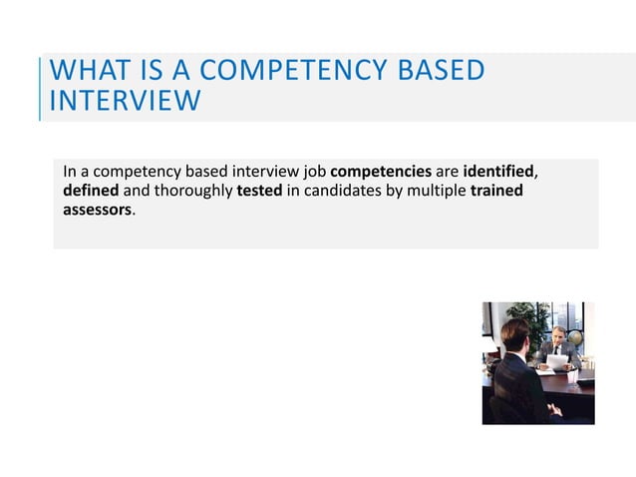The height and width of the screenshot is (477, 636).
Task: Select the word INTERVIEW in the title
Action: click(x=125, y=102)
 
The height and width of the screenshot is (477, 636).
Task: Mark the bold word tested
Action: click(x=259, y=191)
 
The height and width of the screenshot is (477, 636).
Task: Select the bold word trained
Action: click(x=496, y=191)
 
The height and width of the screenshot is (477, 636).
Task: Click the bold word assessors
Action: click(x=97, y=211)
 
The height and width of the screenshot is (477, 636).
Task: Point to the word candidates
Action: click(x=340, y=191)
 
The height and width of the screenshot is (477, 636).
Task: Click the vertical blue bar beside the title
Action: click(x=41, y=88)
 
